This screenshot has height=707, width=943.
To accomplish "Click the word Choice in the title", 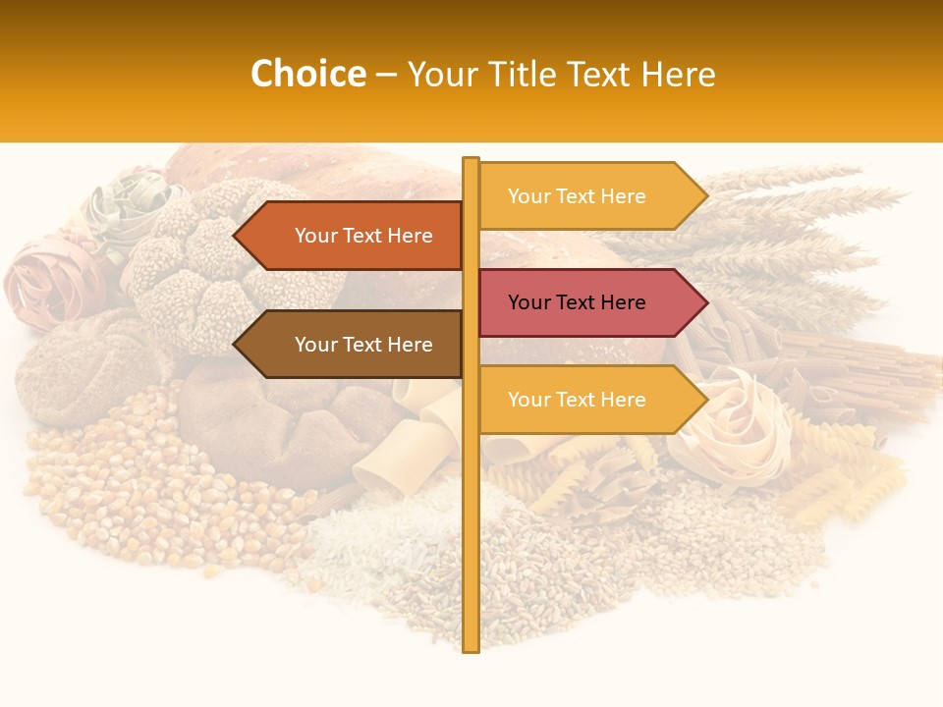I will click(307, 75).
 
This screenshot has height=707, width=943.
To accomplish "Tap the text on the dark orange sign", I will click(363, 236).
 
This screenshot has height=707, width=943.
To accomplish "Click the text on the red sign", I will click(577, 302).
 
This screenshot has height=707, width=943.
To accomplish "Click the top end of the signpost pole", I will click(471, 161).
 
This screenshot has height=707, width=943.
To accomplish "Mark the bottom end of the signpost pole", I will click(471, 648).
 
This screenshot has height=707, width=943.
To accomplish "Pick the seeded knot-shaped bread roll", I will click(216, 265).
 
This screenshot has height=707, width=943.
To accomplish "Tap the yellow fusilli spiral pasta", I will click(855, 481).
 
